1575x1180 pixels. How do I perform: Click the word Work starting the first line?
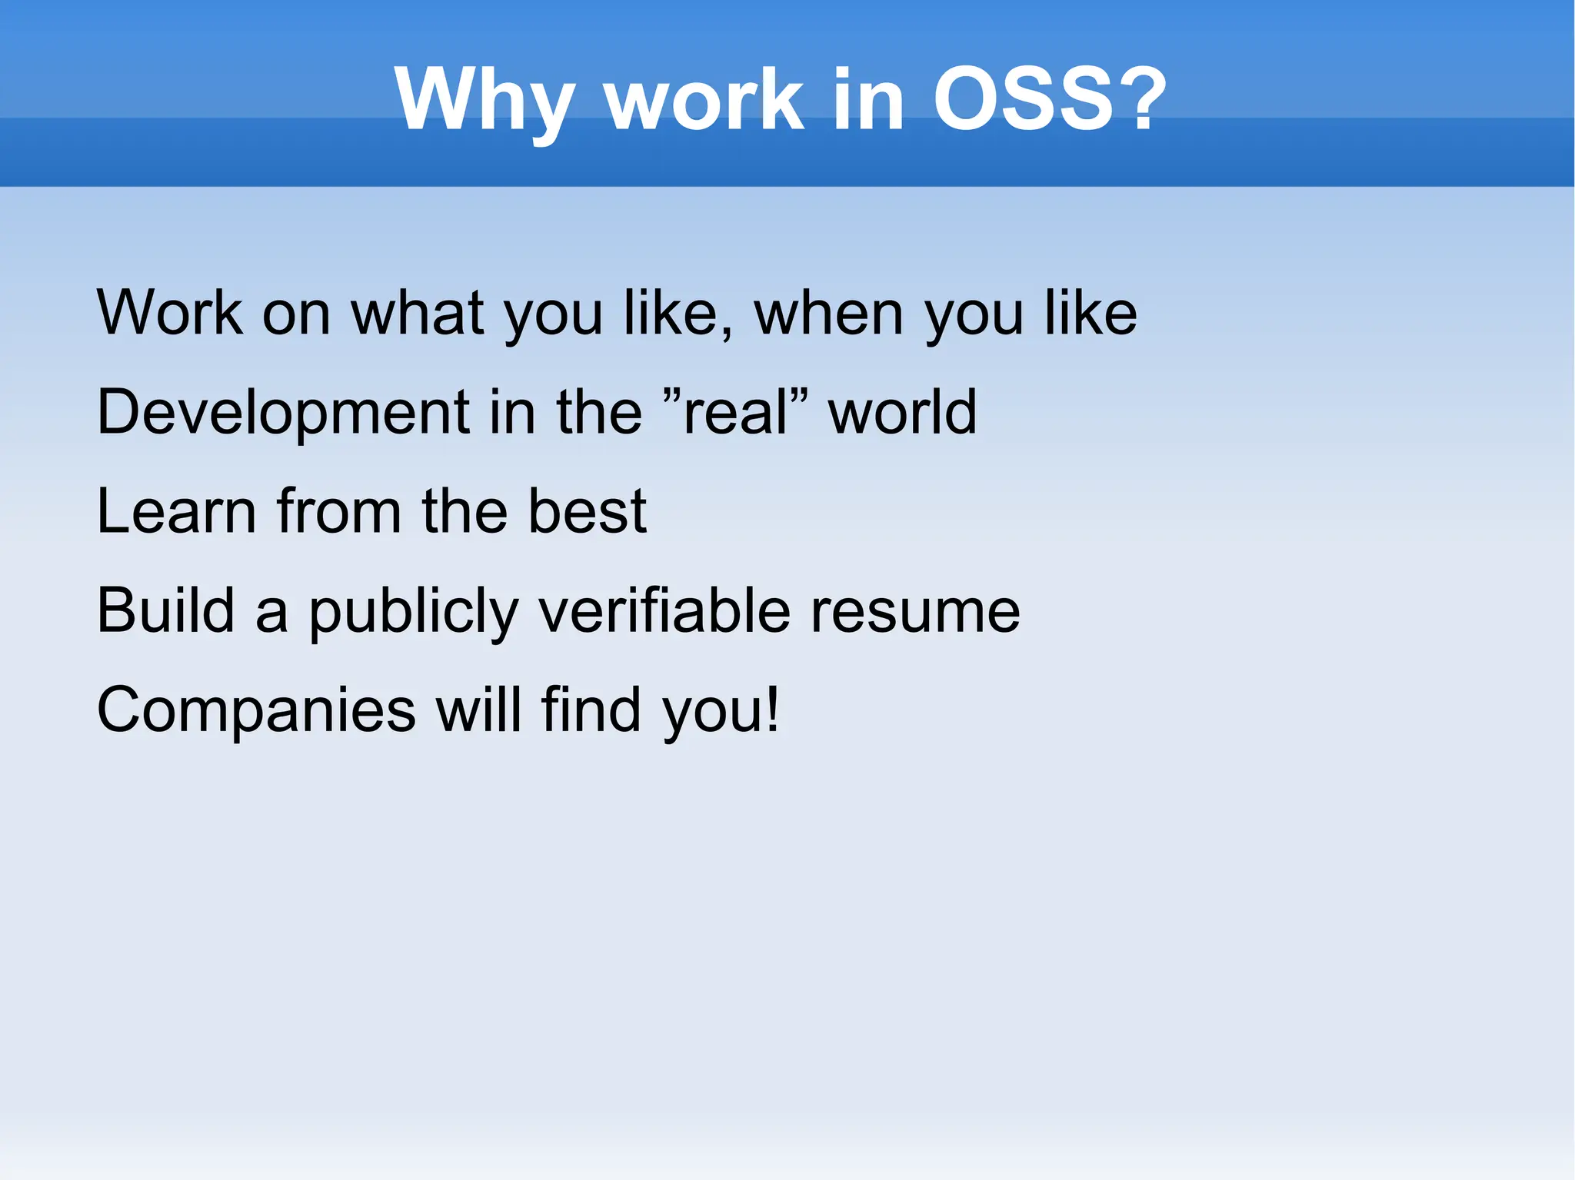[x=170, y=313]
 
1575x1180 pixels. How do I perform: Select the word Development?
[x=281, y=412]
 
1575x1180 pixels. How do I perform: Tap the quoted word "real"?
[x=734, y=412]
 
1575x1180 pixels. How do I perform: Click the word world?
[x=902, y=412]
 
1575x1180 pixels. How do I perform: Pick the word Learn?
[x=176, y=511]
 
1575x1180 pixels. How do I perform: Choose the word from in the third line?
[x=338, y=511]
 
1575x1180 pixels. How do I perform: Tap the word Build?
[x=165, y=610]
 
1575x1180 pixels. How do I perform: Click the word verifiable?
[x=664, y=610]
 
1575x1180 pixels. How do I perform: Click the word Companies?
[x=256, y=710]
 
